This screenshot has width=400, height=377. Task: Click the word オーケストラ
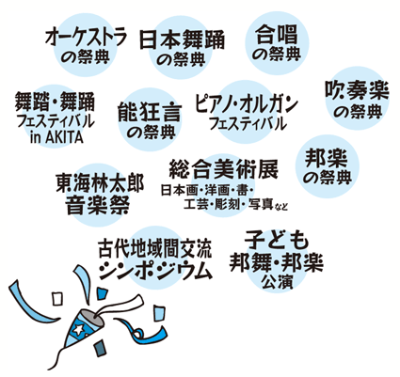click(x=86, y=38)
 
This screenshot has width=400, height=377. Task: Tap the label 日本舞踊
click(x=182, y=39)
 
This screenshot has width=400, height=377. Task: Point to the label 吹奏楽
click(x=357, y=91)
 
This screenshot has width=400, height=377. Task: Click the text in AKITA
click(x=56, y=137)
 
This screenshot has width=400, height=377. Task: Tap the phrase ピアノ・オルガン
click(x=246, y=104)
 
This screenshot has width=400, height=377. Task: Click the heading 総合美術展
click(x=223, y=169)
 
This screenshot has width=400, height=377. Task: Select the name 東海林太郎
click(x=100, y=183)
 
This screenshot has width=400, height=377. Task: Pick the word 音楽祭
click(x=98, y=205)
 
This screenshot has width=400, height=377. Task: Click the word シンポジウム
click(x=155, y=270)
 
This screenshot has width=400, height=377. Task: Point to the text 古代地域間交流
click(x=155, y=249)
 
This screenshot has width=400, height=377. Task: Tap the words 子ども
click(x=277, y=240)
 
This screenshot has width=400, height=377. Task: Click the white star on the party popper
click(x=79, y=329)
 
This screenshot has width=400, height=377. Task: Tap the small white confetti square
click(x=56, y=299)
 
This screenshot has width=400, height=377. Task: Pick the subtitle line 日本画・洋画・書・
click(x=207, y=190)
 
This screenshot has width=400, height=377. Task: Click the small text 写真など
click(x=267, y=205)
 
